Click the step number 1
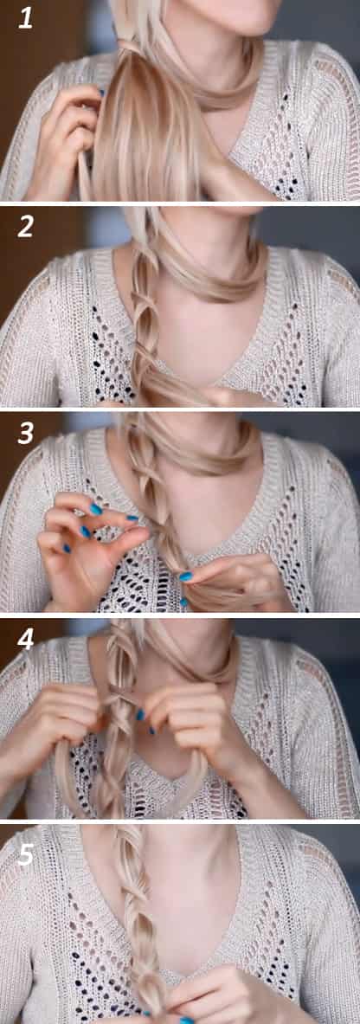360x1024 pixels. click(25, 17)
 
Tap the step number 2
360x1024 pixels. click(25, 226)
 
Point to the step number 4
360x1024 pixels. click(25, 640)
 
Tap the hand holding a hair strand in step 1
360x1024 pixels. click(64, 137)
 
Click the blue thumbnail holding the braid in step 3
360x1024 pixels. click(186, 576)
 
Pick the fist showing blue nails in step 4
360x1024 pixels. click(180, 718)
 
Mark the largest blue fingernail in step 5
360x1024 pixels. click(186, 1020)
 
